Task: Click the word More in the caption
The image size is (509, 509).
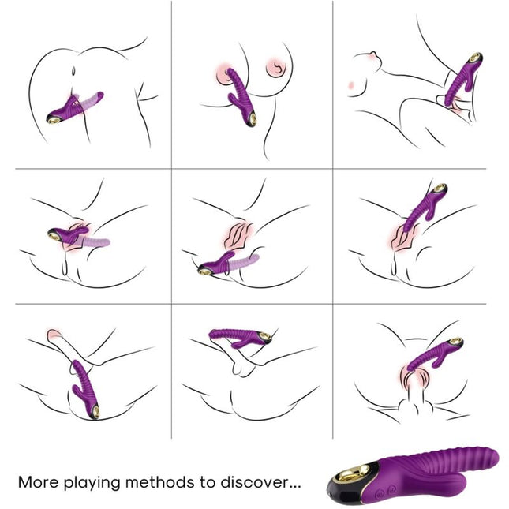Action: point(39,481)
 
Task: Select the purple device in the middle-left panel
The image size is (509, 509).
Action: point(67,234)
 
